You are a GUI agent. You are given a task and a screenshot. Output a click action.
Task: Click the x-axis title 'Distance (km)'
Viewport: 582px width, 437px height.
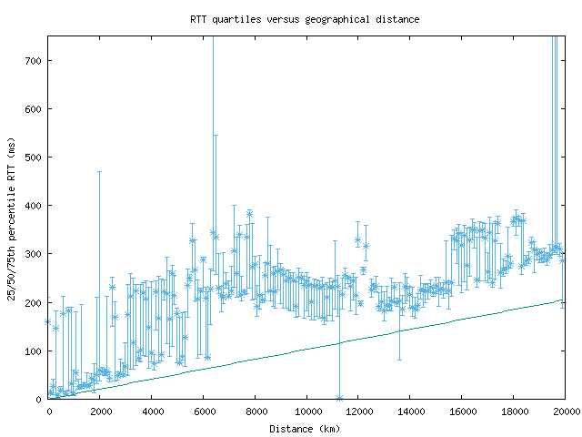pyautogui.click(x=305, y=428)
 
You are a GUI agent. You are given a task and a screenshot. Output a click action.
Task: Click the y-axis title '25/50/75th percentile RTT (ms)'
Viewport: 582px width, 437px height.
pyautogui.click(x=11, y=217)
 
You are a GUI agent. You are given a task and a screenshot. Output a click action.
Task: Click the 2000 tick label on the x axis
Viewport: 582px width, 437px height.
pyautogui.click(x=100, y=412)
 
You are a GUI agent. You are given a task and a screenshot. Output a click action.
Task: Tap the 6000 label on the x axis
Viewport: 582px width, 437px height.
pyautogui.click(x=204, y=412)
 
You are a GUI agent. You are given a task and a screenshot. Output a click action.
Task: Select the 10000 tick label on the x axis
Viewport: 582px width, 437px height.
pyautogui.click(x=307, y=412)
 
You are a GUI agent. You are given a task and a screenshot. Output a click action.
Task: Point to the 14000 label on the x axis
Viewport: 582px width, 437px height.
pyautogui.click(x=410, y=412)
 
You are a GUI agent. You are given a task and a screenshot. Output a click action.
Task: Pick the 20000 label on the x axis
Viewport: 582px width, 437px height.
pyautogui.click(x=565, y=412)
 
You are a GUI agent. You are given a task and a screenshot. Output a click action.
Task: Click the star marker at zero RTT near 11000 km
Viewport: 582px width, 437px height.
pyautogui.click(x=339, y=398)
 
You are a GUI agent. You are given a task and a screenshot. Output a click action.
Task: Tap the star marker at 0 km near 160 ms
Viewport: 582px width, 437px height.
pyautogui.click(x=48, y=321)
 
